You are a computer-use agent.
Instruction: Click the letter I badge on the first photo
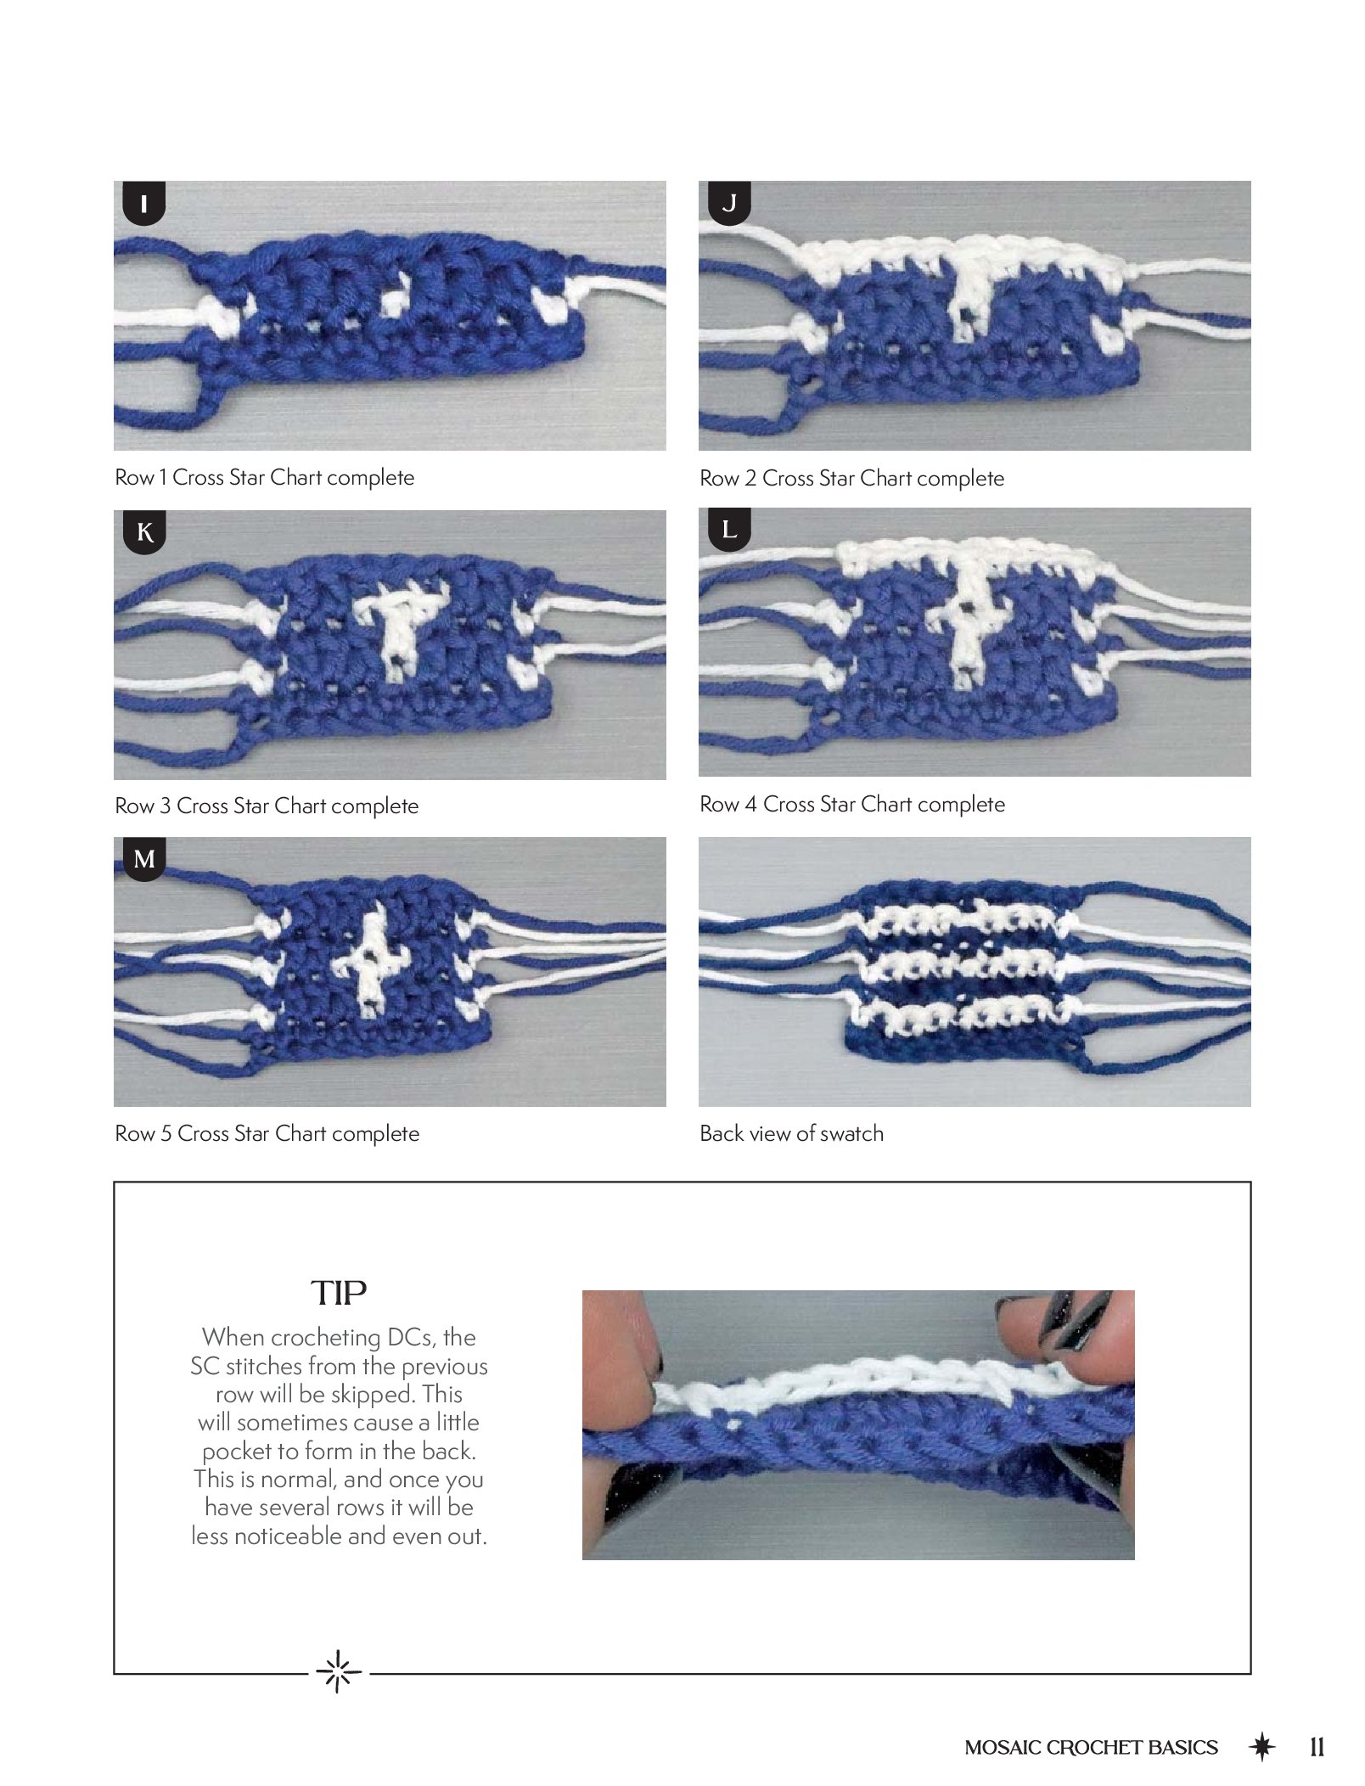143,204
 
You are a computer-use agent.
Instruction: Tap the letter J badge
729,203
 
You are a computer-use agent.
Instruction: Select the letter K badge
144,532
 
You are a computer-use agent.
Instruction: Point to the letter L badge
729,530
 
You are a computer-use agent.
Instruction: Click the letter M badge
144,859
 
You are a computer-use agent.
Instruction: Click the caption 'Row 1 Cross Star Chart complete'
265,477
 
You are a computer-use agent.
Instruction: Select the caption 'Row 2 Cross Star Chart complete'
851,478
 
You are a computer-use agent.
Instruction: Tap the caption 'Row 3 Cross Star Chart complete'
267,806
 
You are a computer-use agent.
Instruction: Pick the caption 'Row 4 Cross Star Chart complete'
852,804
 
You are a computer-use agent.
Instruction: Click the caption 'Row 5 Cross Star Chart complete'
267,1133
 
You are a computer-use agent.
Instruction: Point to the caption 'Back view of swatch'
791,1133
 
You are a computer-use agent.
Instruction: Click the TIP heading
339,1293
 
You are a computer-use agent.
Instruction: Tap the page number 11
1317,1747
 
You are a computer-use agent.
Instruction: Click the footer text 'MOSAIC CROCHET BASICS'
1091,1748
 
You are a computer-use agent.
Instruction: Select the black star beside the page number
1262,1746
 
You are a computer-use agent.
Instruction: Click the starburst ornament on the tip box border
339,1672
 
